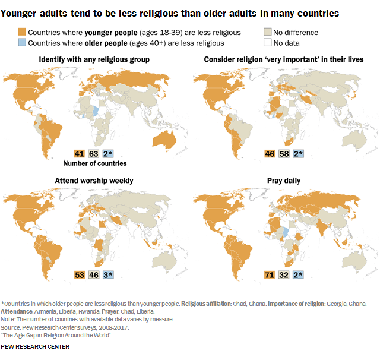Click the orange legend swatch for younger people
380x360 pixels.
tap(22, 33)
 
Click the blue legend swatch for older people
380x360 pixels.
tap(22, 43)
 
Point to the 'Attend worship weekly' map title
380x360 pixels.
tap(94, 180)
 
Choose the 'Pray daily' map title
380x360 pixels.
tap(284, 180)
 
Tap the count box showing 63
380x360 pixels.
tap(93, 153)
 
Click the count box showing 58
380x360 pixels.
tap(284, 153)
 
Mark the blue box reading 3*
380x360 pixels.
tap(108, 274)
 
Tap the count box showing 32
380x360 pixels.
tap(284, 274)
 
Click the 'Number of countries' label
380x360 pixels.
tap(95, 163)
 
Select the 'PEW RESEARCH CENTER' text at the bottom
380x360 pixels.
tap(35, 346)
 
